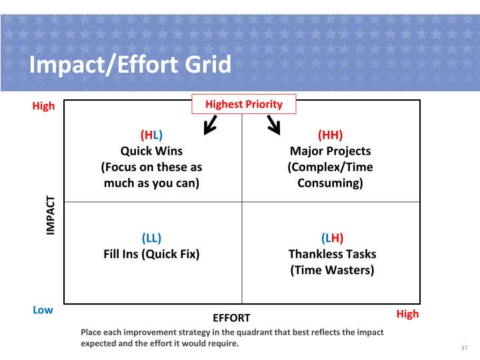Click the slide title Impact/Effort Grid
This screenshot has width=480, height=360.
(x=130, y=65)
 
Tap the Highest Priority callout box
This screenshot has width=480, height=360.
(x=243, y=104)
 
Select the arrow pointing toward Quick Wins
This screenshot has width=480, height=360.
(x=210, y=124)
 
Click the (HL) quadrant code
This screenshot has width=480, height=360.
(x=151, y=135)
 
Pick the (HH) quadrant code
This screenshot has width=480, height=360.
(x=330, y=135)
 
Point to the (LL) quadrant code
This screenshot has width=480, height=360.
(x=151, y=237)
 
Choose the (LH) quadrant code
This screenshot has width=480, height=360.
(x=332, y=237)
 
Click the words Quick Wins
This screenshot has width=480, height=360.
(x=151, y=151)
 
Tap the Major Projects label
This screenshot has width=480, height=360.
(x=330, y=151)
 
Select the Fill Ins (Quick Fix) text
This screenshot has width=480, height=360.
(x=151, y=253)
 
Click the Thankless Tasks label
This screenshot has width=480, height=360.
(x=332, y=253)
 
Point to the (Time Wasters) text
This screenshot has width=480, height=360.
(x=332, y=270)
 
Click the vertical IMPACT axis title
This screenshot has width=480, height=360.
(x=51, y=214)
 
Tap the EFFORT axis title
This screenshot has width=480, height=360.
(x=231, y=318)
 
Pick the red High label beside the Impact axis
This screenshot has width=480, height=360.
(x=43, y=106)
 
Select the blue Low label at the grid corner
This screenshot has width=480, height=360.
(x=43, y=310)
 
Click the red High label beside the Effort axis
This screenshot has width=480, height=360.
(x=407, y=314)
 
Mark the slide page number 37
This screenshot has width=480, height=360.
(x=465, y=348)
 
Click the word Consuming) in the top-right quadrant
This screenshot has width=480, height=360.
(x=330, y=183)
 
